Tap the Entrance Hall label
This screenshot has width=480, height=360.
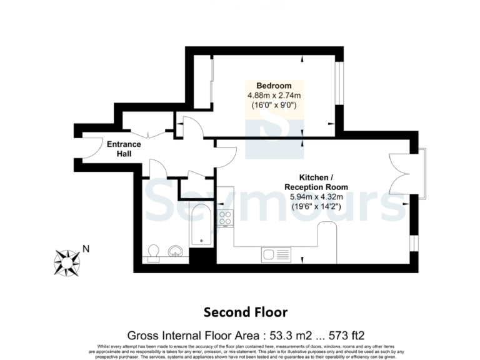tap(124, 149)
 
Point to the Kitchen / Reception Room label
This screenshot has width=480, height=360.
tap(316, 182)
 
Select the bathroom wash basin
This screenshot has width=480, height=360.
tap(176, 252)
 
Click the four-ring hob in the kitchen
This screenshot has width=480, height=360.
tap(225, 219)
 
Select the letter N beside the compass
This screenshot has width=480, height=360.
tap(86, 248)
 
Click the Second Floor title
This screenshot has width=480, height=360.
tap(246, 311)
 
